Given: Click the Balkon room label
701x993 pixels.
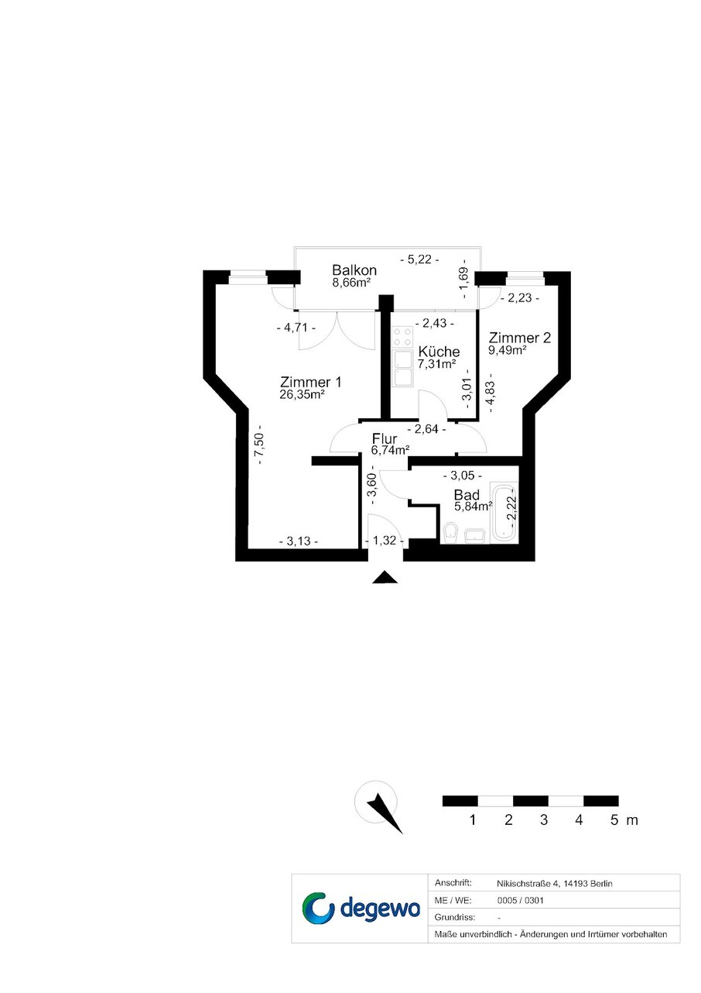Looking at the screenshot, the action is coord(354,270).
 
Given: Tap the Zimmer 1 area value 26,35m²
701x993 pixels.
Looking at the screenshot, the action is coord(303,394).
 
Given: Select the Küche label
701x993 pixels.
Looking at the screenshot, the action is coord(439,352).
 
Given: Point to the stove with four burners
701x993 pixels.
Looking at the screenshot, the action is coord(402,337).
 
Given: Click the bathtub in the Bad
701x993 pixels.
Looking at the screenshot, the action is coord(504,513).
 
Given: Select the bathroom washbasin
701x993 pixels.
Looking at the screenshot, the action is coord(475,536).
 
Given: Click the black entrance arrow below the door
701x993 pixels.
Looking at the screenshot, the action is coord(385,577).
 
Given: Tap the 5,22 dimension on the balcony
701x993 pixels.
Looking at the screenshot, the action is coord(419,259).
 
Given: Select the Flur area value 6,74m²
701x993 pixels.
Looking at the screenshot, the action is coord(390,450).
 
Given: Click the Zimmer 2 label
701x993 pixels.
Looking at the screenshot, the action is coord(520,338).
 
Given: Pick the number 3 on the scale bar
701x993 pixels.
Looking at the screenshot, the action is coord(544,819).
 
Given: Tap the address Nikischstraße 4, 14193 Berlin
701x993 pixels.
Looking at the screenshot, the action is coord(555,884).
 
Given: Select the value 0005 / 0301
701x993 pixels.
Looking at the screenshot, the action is coord(520,900).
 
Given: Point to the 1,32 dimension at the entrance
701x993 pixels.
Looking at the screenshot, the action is coord(385,541).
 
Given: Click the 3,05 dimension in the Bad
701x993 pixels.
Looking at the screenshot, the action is coord(463,476).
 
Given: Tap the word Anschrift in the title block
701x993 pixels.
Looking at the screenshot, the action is coord(453,882).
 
